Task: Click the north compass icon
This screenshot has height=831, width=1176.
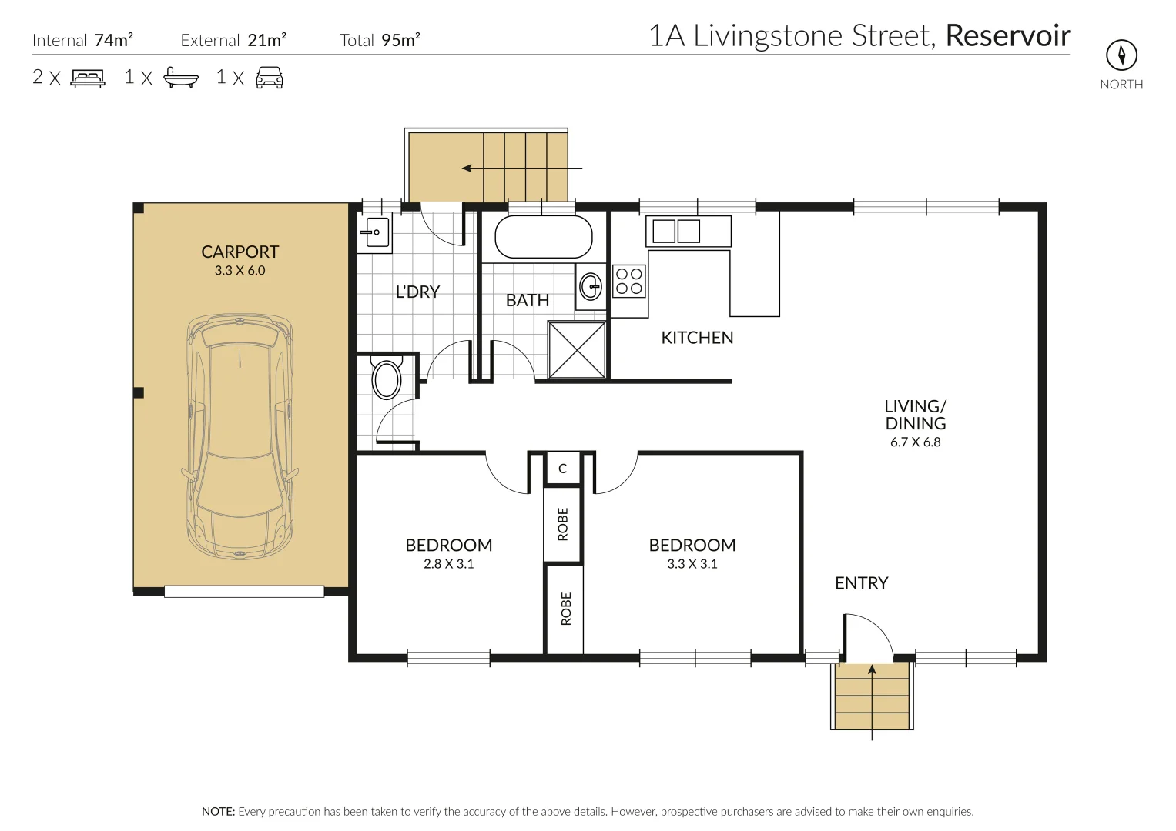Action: (1121, 55)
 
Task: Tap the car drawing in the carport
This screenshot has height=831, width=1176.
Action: (240, 437)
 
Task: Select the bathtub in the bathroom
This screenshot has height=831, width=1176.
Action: (543, 237)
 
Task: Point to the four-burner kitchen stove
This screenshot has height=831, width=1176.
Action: (628, 281)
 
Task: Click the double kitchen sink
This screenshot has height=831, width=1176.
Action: (676, 231)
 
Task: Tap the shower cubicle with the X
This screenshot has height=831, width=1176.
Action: (577, 350)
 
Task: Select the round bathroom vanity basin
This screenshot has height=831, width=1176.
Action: (591, 287)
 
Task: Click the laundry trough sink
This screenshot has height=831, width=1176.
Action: (377, 231)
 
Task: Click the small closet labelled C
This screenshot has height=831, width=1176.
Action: (562, 469)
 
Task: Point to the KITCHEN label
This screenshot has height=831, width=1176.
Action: (697, 337)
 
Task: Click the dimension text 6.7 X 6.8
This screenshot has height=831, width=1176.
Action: (915, 442)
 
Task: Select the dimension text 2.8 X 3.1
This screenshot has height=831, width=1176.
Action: (448, 564)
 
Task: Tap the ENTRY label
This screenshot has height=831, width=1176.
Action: (861, 583)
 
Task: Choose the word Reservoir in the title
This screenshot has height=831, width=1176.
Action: (1007, 35)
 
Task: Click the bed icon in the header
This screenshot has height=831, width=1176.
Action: (87, 78)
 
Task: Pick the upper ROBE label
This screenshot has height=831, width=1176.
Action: (562, 524)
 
